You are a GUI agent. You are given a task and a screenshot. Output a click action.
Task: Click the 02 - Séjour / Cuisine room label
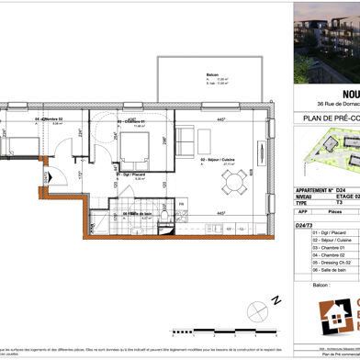[214, 152]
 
